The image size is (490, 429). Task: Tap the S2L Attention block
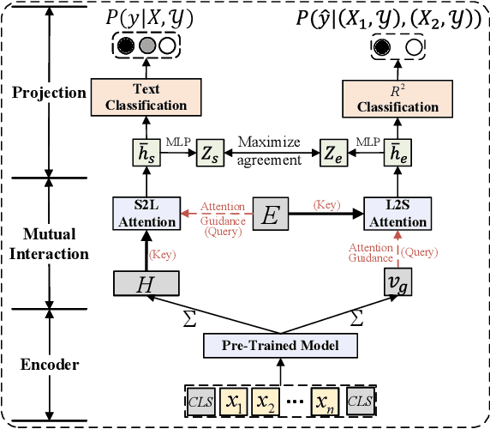click(x=148, y=214)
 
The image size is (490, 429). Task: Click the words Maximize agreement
click(x=270, y=149)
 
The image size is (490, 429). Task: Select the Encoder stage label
click(x=51, y=365)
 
